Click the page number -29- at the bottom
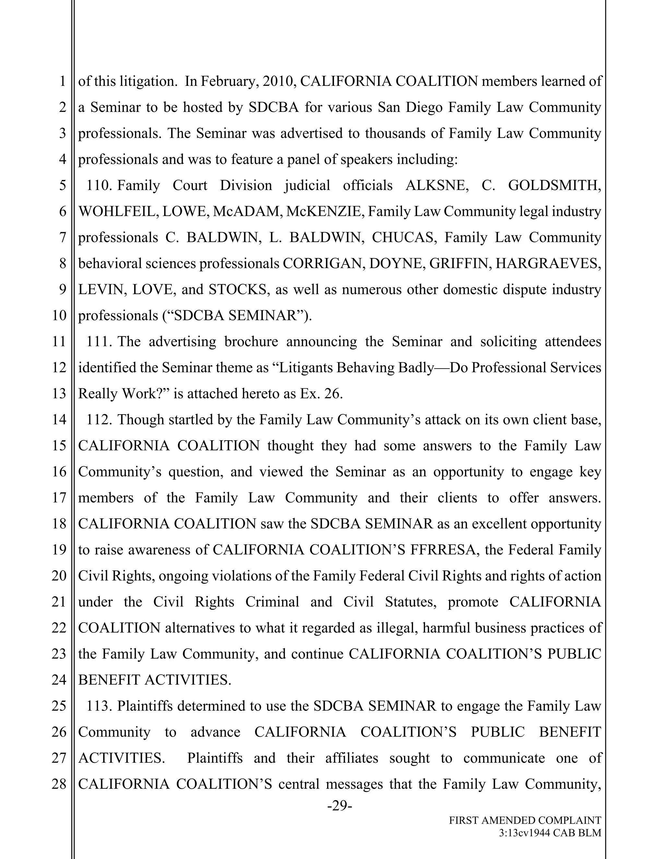(339, 806)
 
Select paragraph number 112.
(99, 420)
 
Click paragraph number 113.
(99, 706)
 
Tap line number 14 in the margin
(59, 420)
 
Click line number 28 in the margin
(59, 784)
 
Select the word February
(229, 81)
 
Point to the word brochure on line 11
(251, 341)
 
